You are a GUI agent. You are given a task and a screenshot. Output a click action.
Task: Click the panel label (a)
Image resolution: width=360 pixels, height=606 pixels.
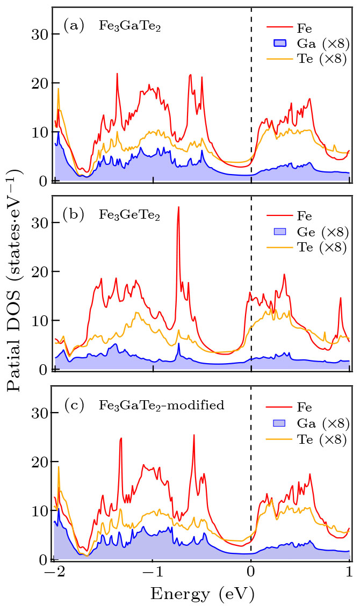[x=74, y=25]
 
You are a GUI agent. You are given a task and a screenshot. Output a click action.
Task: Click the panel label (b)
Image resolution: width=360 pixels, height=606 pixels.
[x=74, y=214]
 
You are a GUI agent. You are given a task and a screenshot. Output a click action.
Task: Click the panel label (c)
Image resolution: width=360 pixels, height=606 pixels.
[x=74, y=405]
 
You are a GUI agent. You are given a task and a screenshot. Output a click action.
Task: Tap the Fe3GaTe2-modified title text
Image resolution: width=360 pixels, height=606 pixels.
[x=161, y=406]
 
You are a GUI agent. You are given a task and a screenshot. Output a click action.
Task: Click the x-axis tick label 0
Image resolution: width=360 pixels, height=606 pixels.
[x=251, y=573]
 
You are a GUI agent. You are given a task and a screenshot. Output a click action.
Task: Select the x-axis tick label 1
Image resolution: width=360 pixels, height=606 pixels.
[x=349, y=573]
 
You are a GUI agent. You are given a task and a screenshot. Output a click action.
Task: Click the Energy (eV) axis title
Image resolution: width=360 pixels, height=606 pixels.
[x=202, y=594]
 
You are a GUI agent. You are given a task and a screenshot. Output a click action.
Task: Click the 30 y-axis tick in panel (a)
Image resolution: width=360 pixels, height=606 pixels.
[x=41, y=34]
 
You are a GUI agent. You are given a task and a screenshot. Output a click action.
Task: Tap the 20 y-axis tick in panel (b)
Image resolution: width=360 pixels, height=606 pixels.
[x=41, y=272]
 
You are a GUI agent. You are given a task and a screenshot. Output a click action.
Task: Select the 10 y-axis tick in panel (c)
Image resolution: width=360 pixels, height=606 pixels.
[x=41, y=511]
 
